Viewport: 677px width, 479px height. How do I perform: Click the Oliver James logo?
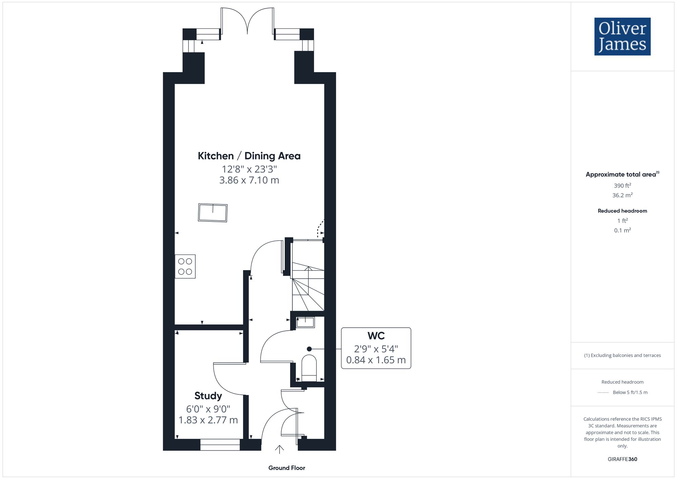[622, 37]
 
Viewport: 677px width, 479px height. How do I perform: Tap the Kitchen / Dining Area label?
[249, 156]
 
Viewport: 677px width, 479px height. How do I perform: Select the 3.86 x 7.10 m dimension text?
[249, 180]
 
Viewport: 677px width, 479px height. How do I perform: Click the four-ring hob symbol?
[185, 266]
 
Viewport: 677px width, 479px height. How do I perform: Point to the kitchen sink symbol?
[213, 213]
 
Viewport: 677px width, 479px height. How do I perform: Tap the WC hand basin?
[305, 322]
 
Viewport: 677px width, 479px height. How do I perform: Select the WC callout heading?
[376, 336]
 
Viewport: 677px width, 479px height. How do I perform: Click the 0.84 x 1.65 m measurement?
[376, 360]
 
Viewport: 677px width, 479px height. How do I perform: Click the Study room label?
[208, 395]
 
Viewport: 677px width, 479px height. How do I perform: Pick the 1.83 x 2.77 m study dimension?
[208, 420]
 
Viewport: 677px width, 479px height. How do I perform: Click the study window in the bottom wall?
[220, 445]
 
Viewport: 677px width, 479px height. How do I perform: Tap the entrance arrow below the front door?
[279, 449]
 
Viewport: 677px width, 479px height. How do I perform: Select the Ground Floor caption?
[287, 468]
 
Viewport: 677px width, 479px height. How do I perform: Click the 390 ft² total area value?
[622, 186]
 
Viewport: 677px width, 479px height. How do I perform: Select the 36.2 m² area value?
[622, 195]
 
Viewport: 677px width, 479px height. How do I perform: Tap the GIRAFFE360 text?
[622, 459]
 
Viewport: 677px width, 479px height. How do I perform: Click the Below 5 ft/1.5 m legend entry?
[630, 392]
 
